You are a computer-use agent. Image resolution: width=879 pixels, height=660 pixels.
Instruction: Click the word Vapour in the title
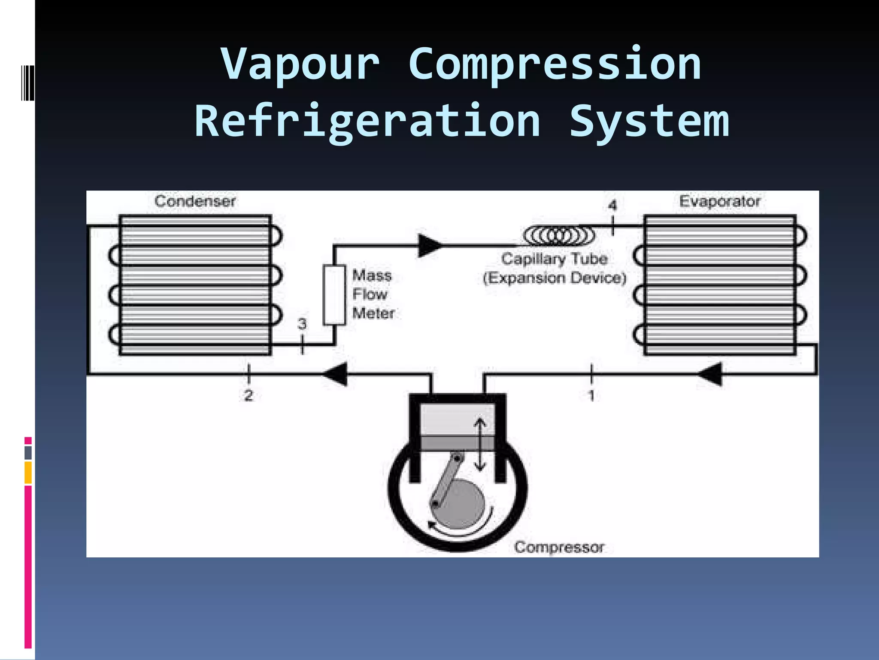(x=300, y=64)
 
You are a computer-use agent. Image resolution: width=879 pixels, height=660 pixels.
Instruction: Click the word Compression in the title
(x=555, y=64)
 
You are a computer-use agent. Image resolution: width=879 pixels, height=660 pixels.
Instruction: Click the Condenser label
(x=195, y=201)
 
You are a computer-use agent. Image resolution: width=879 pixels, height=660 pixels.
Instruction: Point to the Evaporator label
(x=719, y=201)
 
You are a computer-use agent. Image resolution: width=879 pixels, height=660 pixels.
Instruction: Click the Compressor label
(x=559, y=547)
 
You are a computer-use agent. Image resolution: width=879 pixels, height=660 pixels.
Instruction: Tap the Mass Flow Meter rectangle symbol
(x=334, y=295)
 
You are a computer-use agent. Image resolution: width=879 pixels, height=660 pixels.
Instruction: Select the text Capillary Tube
(x=554, y=259)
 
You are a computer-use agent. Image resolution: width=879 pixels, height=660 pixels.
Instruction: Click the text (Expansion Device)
(x=554, y=278)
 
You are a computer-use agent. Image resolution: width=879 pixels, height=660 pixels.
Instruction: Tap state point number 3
(x=302, y=324)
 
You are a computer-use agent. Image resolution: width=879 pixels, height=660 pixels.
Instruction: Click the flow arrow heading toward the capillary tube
(x=429, y=246)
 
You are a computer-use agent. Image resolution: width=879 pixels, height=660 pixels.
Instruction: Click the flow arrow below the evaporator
(x=710, y=374)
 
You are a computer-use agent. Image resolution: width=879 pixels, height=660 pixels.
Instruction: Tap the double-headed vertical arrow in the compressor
(x=480, y=445)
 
